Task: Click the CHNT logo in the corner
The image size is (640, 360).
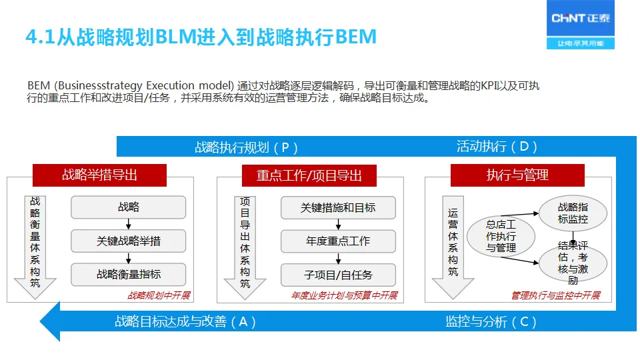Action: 581,27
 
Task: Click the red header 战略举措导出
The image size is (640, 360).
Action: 99,175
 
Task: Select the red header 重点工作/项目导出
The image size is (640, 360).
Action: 309,176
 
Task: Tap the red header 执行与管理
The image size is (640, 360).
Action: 517,175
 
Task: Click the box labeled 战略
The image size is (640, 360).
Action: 129,208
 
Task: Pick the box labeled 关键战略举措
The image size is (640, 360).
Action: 129,241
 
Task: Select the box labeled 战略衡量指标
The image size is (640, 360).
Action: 129,274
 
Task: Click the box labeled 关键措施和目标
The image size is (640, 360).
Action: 338,208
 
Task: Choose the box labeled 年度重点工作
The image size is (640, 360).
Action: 338,241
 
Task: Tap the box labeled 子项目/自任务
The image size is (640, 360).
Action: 338,275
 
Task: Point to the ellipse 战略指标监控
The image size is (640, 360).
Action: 573,213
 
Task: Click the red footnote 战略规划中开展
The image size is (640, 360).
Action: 159,295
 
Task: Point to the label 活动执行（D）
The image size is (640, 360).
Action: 497,147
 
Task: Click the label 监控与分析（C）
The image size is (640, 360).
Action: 491,322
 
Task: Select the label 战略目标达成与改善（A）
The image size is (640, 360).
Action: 185,322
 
